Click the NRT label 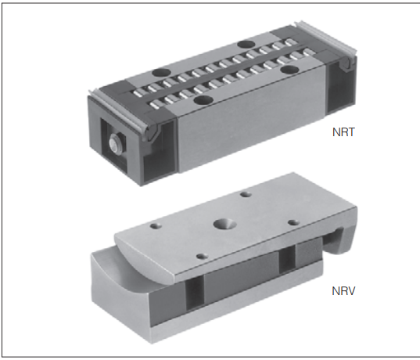(343, 132)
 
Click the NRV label (343, 291)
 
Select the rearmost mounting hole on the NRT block (246, 44)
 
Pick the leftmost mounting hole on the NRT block (162, 72)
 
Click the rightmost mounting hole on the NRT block (289, 70)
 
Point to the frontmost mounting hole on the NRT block (203, 100)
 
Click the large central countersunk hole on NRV (224, 223)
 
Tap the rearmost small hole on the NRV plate (246, 194)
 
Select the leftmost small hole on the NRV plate (156, 226)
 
